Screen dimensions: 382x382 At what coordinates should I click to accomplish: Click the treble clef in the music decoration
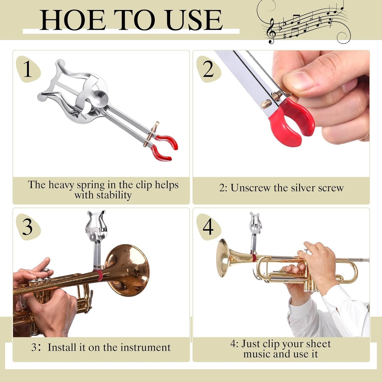click(271, 31)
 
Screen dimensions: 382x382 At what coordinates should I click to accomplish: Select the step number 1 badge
click(28, 69)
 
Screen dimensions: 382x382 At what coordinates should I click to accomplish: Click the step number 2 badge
click(208, 69)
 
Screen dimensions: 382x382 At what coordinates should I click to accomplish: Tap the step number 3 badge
click(28, 227)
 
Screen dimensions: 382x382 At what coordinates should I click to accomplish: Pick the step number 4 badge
click(208, 227)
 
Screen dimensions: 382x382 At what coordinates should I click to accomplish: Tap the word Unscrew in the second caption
click(247, 188)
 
